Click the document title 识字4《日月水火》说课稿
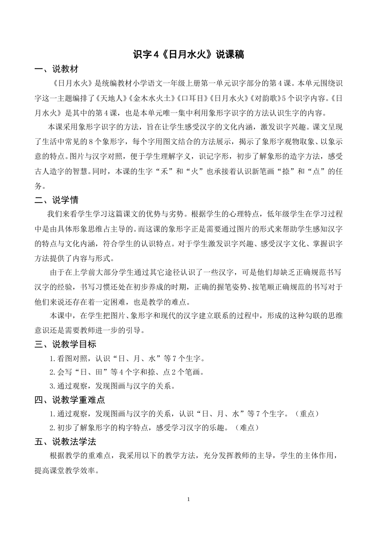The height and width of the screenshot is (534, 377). click(x=188, y=54)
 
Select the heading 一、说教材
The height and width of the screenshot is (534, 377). click(x=56, y=69)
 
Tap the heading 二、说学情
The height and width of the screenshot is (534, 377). click(x=56, y=200)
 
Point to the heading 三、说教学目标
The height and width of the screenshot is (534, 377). click(x=65, y=344)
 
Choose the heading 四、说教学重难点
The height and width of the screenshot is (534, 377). click(x=69, y=400)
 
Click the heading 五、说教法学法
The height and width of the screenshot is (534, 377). click(x=65, y=441)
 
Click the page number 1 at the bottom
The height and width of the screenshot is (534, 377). click(x=188, y=499)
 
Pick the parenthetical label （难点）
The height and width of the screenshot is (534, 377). click(x=247, y=428)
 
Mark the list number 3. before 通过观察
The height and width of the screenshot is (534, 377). click(x=52, y=386)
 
